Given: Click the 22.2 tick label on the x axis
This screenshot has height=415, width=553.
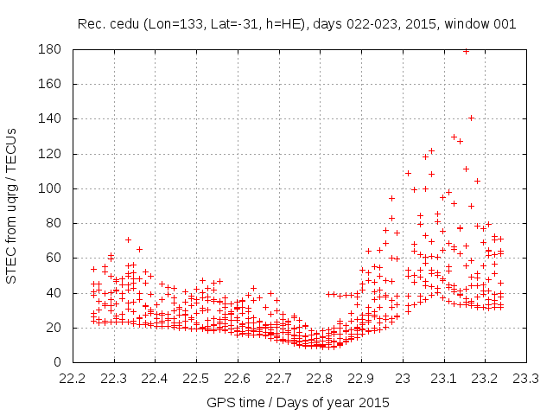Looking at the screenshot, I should [73, 379].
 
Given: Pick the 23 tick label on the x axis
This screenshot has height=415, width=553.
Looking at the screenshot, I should [404, 379].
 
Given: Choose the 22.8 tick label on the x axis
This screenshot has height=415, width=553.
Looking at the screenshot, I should [321, 379].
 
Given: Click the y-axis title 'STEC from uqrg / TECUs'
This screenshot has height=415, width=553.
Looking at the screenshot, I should [13, 206].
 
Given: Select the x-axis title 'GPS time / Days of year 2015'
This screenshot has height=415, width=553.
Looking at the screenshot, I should [298, 402].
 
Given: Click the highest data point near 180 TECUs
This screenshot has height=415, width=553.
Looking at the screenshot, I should [466, 51].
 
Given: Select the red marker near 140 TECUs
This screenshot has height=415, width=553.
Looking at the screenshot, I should [471, 118].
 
